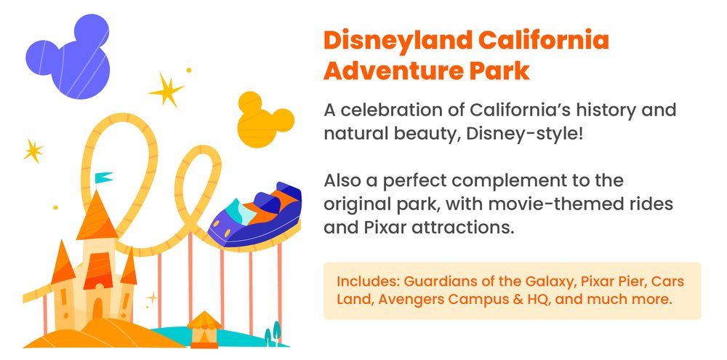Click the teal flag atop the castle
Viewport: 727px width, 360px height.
(104, 177)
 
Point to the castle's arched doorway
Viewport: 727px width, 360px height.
(95, 309)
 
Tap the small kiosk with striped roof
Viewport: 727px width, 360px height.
(204, 328)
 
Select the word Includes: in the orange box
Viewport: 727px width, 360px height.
(368, 281)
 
